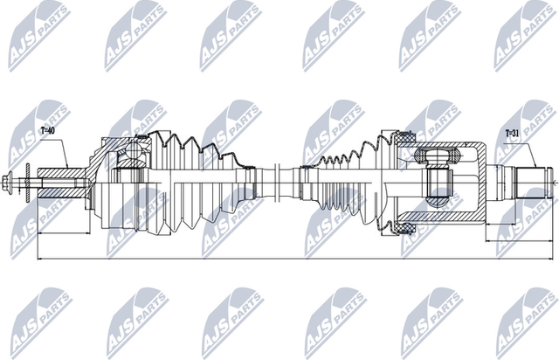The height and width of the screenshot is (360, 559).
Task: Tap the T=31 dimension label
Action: pos(515,134)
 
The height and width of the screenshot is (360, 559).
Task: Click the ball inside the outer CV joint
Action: pos(132,159)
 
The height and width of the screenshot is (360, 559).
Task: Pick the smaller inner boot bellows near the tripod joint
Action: pos(336,183)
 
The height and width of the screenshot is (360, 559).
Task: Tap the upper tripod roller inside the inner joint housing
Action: pos(436,156)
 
